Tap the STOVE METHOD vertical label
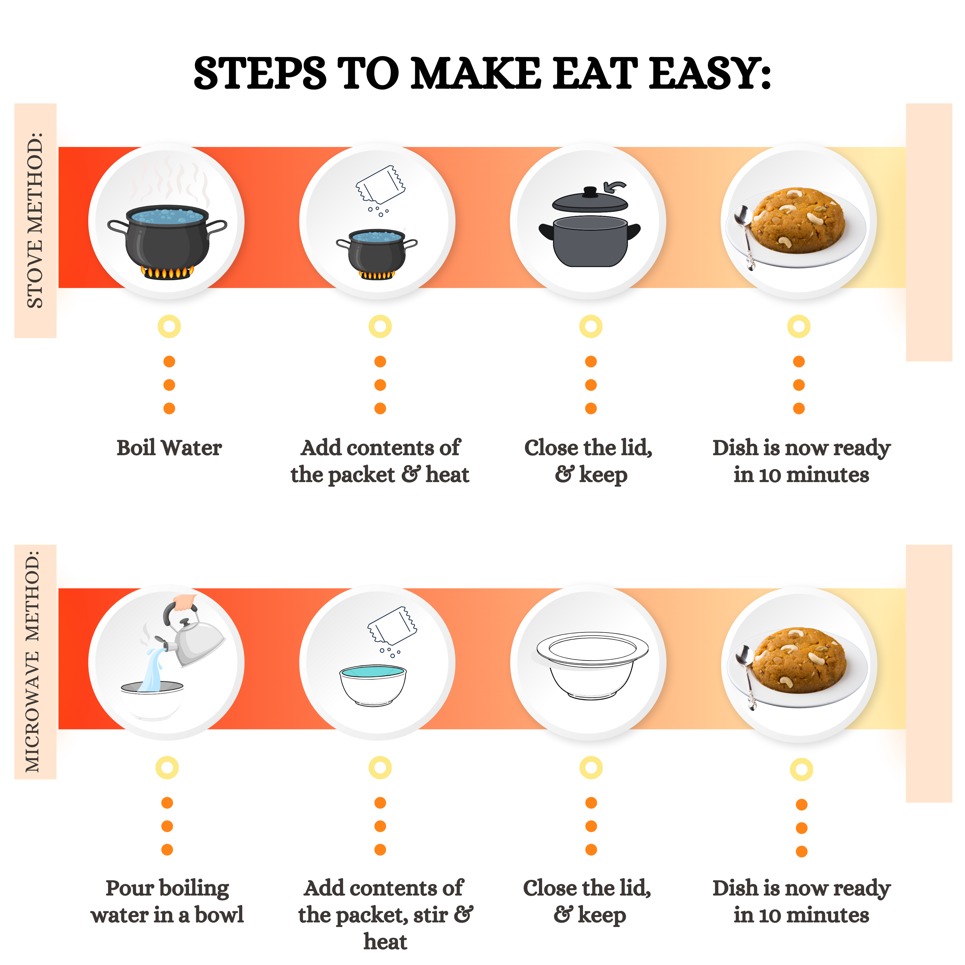pos(35,220)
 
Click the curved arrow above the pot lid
pos(614,187)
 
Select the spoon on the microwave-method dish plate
pos(747,677)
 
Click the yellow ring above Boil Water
pos(169,327)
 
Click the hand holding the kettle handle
pos(185,602)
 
